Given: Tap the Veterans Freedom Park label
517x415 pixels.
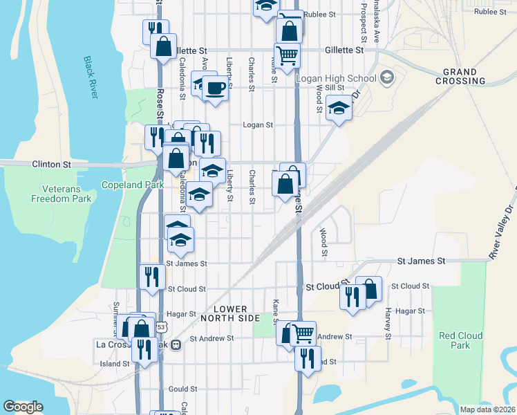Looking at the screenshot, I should pyautogui.click(x=61, y=194).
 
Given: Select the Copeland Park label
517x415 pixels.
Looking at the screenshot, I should pyautogui.click(x=133, y=185).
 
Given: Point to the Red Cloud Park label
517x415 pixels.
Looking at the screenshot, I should pyautogui.click(x=459, y=340).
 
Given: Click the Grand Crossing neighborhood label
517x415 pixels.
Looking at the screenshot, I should pyautogui.click(x=460, y=76).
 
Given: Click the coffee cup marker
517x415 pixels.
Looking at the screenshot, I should pyautogui.click(x=216, y=89).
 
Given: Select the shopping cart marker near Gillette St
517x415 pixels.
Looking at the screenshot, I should pyautogui.click(x=287, y=53).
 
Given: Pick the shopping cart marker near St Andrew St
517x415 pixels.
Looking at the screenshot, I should pyautogui.click(x=303, y=333).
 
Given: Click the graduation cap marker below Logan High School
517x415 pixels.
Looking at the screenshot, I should pyautogui.click(x=339, y=108).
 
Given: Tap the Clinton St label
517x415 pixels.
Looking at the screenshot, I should pyautogui.click(x=52, y=165).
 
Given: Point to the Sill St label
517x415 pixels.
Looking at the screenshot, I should pyautogui.click(x=335, y=88).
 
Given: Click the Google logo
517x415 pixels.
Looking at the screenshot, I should pyautogui.click(x=23, y=407).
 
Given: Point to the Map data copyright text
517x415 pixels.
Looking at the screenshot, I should pyautogui.click(x=487, y=409).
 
